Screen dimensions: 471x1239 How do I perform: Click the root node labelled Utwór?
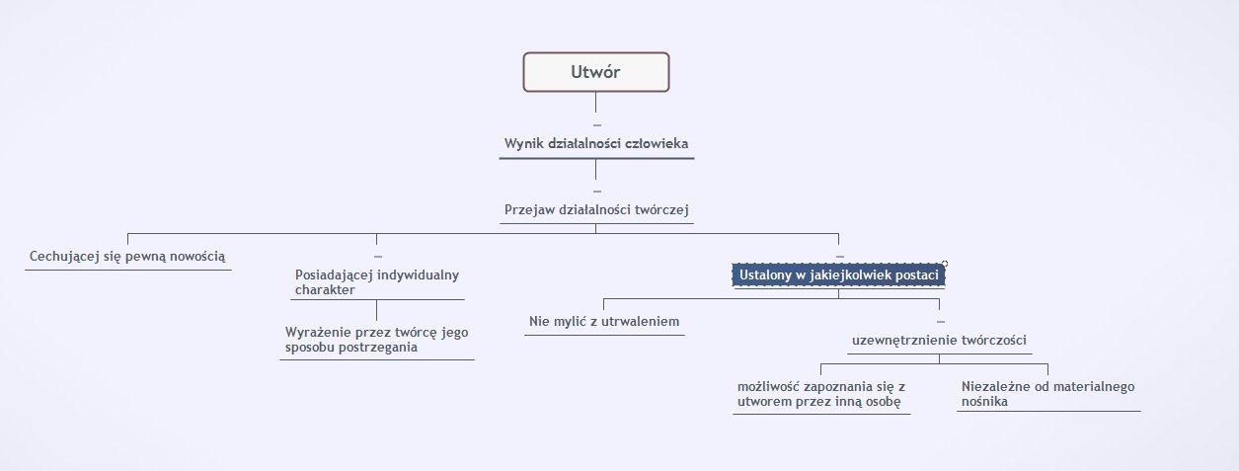tap(595, 71)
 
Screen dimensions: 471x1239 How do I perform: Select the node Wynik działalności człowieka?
tap(596, 144)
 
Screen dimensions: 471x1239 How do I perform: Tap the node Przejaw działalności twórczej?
tap(595, 209)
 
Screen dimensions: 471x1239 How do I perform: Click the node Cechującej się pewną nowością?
tap(127, 255)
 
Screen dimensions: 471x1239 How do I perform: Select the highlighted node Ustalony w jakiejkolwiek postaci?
tap(838, 275)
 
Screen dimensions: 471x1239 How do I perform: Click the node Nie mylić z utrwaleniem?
tap(604, 322)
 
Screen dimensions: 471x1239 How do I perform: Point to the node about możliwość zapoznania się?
tap(821, 393)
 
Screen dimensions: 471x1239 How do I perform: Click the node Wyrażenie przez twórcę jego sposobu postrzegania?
tap(376, 339)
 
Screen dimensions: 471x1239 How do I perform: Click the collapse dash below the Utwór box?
tap(596, 124)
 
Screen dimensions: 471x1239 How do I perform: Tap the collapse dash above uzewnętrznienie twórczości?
tap(940, 322)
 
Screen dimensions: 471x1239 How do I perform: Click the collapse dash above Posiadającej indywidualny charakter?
tap(377, 256)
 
